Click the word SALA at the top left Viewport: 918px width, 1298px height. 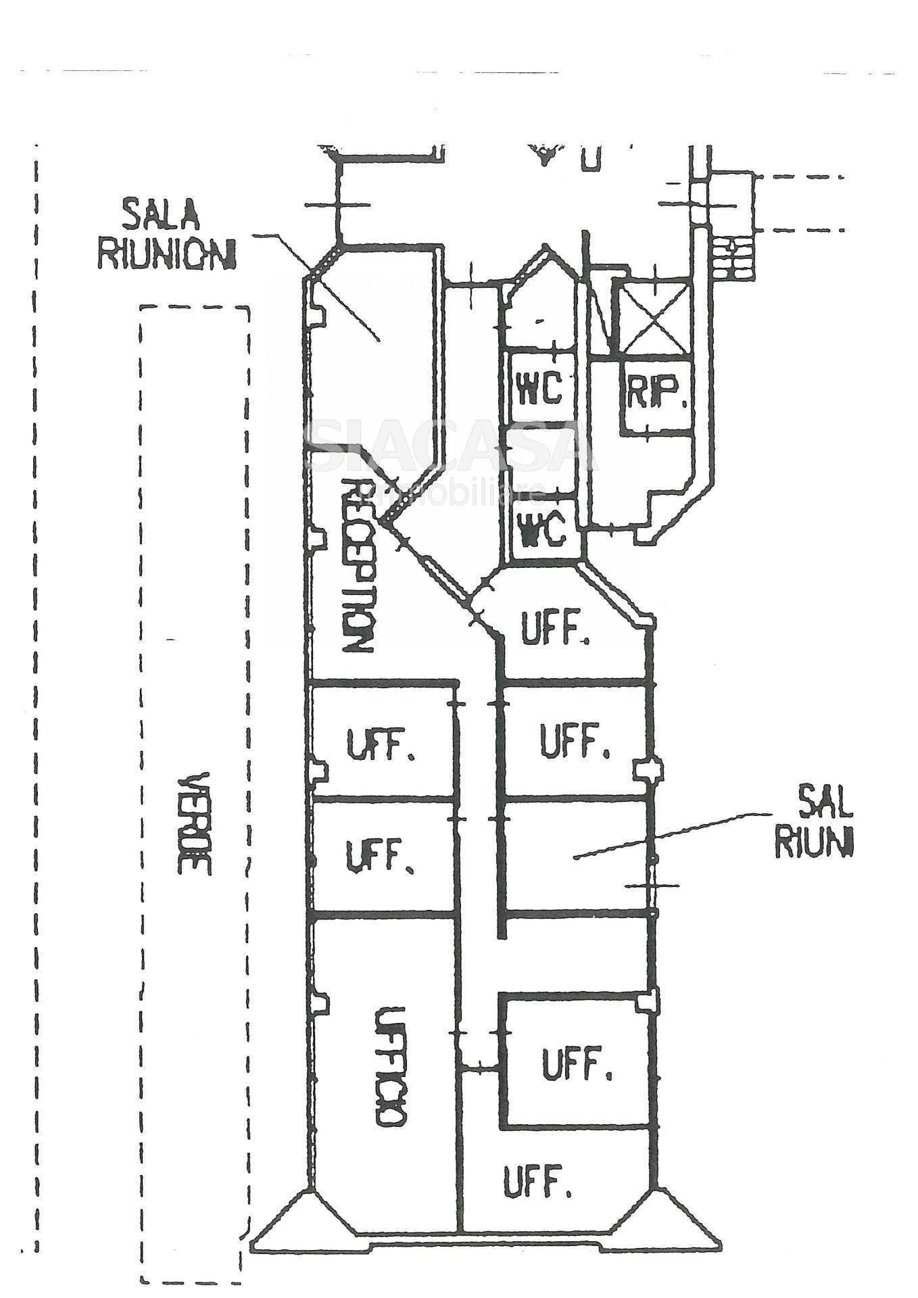coord(161,216)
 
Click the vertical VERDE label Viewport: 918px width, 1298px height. coord(195,823)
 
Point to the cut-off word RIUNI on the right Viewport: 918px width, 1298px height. coord(814,842)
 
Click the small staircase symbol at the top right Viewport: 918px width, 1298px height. coord(731,258)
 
